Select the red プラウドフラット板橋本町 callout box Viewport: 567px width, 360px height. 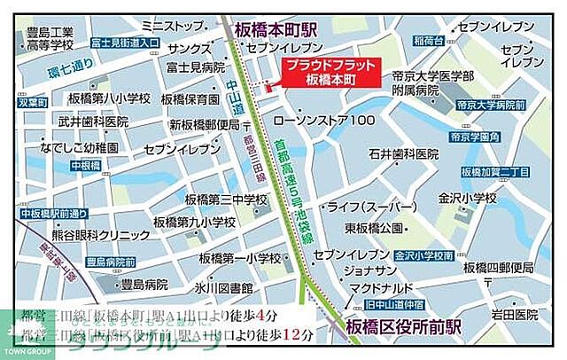pyautogui.click(x=330, y=73)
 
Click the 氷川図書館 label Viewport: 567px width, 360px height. pyautogui.click(x=224, y=289)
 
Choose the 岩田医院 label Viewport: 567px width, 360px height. pyautogui.click(x=515, y=314)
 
